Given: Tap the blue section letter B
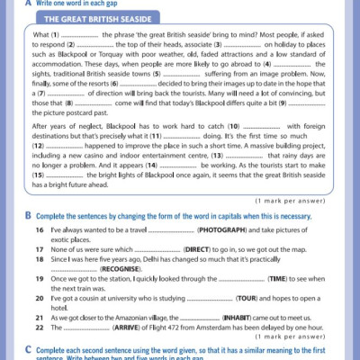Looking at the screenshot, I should [x=29, y=216].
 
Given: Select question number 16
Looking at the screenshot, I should [x=40, y=231].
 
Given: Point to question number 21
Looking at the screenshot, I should [x=40, y=319].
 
